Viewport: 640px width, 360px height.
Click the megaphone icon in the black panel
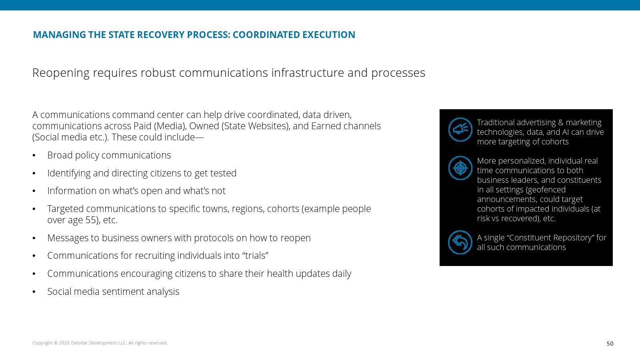click(460, 130)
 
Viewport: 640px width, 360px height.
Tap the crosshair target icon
click(460, 168)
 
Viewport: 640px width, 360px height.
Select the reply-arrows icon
click(460, 242)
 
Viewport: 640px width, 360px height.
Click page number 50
click(610, 344)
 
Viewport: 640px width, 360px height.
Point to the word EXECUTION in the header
click(328, 34)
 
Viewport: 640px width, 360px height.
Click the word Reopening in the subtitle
click(61, 73)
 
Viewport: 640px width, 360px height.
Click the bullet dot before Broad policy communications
click(34, 156)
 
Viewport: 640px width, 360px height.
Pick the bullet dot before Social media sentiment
click(34, 292)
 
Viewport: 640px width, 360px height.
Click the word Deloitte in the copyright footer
click(79, 343)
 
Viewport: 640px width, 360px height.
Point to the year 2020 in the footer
click(64, 343)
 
